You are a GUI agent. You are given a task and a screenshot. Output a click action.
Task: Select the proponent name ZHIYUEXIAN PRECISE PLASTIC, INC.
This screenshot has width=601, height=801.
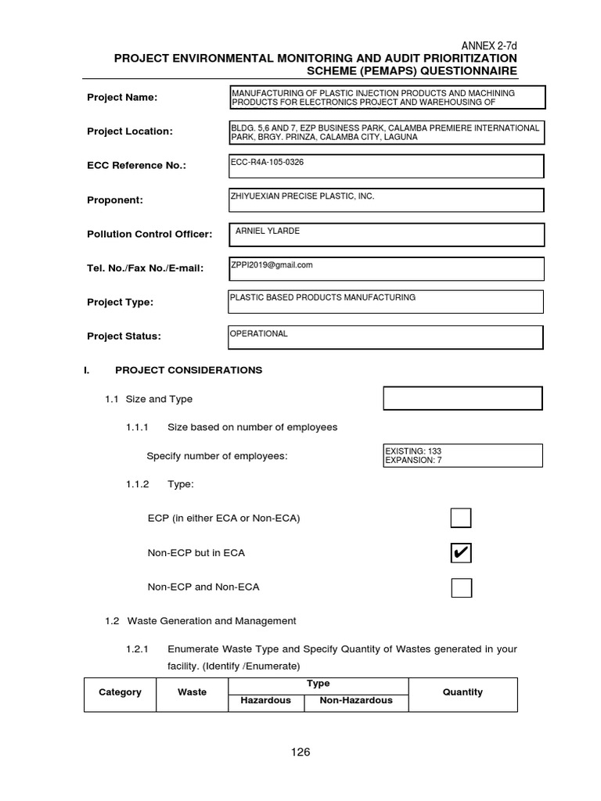pos(302,196)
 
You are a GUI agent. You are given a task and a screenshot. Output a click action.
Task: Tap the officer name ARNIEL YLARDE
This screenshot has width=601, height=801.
pos(268,231)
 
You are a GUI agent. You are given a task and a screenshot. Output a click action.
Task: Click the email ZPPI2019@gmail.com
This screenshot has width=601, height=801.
pos(272,264)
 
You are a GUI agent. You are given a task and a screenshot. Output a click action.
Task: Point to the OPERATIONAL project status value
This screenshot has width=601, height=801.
pos(258,333)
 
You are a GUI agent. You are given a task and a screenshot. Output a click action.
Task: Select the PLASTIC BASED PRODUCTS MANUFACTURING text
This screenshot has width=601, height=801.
pos(322,297)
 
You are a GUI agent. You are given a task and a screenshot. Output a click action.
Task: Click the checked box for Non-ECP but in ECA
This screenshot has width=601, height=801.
pos(461,553)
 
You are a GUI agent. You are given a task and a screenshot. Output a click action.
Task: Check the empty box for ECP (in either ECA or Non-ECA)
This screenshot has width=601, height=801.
pos(461,518)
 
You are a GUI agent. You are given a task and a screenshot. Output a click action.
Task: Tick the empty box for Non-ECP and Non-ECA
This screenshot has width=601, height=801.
pos(461,587)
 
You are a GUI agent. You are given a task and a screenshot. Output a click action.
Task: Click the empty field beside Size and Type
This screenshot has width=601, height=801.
pos(462,398)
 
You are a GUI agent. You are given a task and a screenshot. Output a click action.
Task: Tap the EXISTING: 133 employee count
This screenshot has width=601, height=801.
pos(413,451)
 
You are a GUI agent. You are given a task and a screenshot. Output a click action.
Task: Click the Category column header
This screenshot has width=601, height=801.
pos(120,692)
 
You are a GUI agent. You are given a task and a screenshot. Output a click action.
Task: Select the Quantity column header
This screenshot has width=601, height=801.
pos(462,692)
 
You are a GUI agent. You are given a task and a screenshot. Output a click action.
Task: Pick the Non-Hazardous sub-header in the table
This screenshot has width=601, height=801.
pos(356,701)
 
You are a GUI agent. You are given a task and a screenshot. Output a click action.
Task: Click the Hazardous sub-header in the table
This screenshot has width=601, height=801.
pos(266,701)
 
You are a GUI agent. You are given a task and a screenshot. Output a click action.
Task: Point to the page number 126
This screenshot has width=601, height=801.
pos(300,753)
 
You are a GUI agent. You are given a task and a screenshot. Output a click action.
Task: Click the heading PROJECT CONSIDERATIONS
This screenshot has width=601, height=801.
pos(189,370)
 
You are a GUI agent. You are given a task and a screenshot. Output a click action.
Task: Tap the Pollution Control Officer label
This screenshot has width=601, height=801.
pos(149,234)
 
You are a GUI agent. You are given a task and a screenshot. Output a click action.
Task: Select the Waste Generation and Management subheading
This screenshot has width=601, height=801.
pos(200,621)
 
